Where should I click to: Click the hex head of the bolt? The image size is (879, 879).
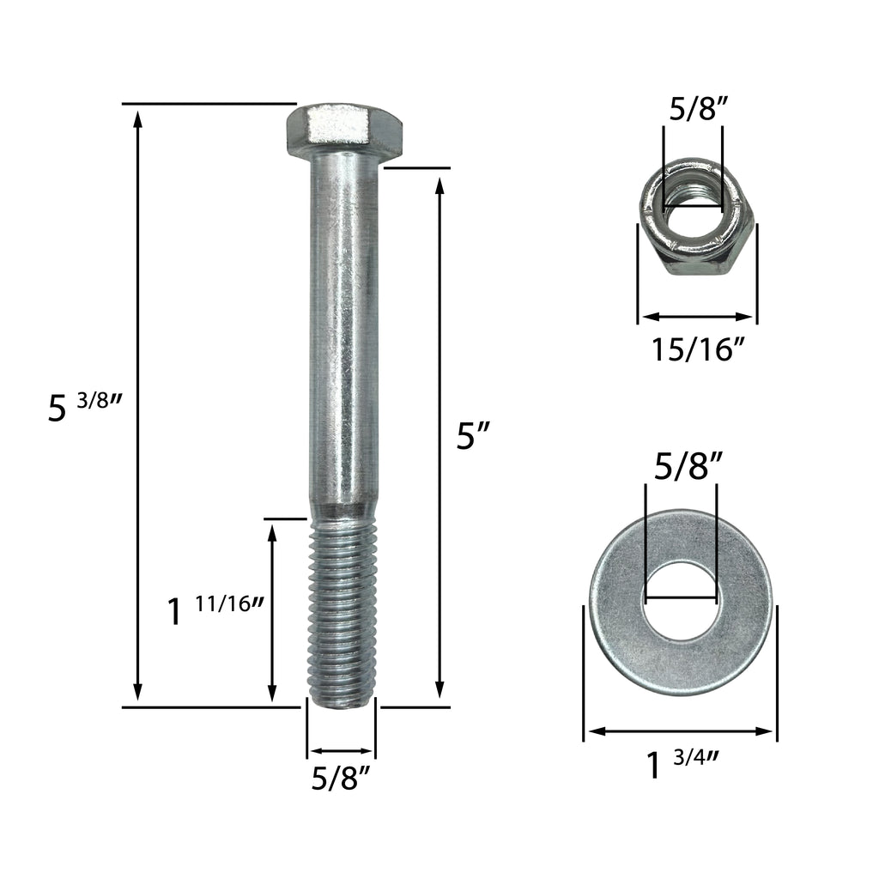click(344, 131)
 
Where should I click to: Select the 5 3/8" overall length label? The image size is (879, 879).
click(84, 407)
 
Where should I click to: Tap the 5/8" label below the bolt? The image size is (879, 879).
click(341, 779)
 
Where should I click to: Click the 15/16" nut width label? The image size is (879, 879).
click(696, 350)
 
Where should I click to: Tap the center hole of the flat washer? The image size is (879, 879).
click(682, 601)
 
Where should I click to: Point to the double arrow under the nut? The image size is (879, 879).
click(696, 316)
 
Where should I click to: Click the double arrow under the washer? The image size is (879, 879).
click(681, 731)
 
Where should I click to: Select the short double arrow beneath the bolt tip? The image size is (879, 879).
click(341, 750)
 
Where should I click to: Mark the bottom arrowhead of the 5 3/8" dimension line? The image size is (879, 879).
click(137, 694)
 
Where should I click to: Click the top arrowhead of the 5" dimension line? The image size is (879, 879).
click(440, 185)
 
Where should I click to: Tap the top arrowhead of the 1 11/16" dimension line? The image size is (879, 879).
click(272, 532)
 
